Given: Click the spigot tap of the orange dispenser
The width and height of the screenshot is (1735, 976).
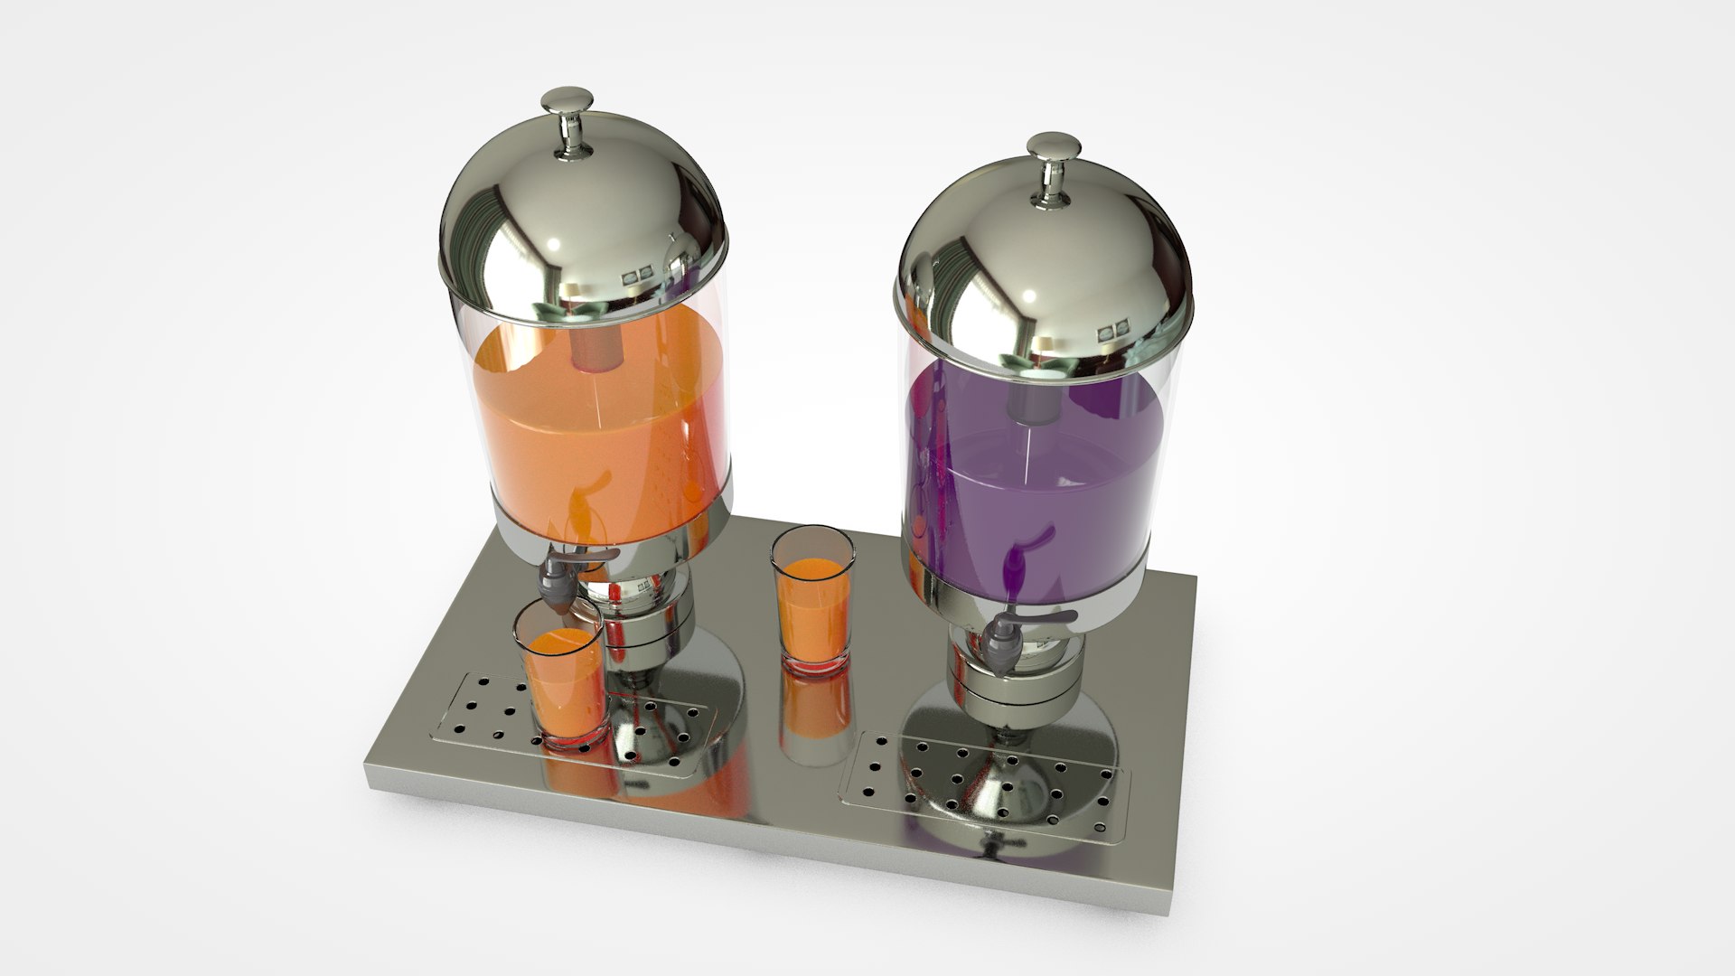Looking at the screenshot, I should (x=558, y=583).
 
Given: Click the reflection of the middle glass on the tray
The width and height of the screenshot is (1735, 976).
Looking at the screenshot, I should (x=813, y=714).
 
